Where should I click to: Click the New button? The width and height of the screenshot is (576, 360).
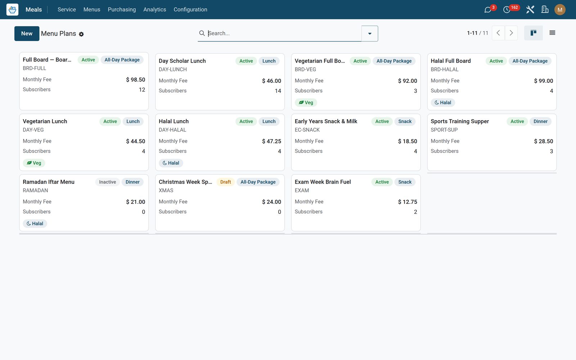27,33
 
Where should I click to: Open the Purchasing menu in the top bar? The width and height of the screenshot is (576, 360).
122,9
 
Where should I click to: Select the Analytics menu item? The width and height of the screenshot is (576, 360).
154,9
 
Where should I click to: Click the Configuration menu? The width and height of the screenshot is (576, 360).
190,9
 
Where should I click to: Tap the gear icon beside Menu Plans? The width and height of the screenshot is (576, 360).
81,34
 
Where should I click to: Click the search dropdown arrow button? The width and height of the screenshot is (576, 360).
369,33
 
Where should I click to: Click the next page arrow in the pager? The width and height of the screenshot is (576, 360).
511,33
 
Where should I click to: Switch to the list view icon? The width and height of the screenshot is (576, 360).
552,33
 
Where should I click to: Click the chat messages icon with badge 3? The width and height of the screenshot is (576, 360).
487,10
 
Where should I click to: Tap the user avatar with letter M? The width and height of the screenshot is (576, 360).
559,10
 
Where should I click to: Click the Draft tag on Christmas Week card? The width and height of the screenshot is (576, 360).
225,182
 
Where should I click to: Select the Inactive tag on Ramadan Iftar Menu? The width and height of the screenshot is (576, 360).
108,182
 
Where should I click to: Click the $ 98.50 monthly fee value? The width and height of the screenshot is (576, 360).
135,80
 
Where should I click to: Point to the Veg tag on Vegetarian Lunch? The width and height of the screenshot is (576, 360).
34,163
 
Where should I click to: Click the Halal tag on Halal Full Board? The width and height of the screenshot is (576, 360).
442,102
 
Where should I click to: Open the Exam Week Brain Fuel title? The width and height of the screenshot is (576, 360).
323,182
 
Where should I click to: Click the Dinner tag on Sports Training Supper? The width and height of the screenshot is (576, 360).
540,121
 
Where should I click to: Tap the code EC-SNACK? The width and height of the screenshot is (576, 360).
307,130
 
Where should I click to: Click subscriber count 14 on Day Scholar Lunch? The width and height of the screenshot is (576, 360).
278,91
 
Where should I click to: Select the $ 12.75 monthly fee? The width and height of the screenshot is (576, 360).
408,202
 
